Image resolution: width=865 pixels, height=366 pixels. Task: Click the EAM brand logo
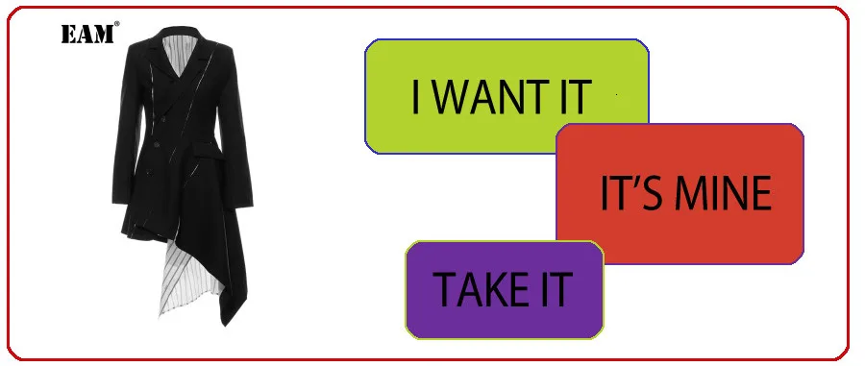click(87, 34)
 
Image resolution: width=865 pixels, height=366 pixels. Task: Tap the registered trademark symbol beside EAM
click(117, 23)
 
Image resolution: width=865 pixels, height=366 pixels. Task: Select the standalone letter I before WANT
click(416, 97)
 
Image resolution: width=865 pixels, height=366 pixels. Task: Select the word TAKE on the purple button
click(482, 289)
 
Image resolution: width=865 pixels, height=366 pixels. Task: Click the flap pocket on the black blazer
click(208, 151)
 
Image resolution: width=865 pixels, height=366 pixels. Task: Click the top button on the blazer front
click(162, 119)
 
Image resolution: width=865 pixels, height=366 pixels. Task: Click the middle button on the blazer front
click(157, 144)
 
